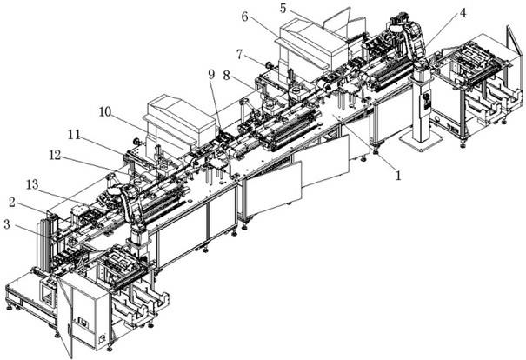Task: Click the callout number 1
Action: coord(398,175)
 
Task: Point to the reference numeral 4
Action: coord(463,13)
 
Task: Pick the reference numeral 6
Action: coord(244,17)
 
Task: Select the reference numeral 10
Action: coord(103,112)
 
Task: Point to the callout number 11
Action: coord(75,135)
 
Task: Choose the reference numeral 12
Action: coord(55,156)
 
